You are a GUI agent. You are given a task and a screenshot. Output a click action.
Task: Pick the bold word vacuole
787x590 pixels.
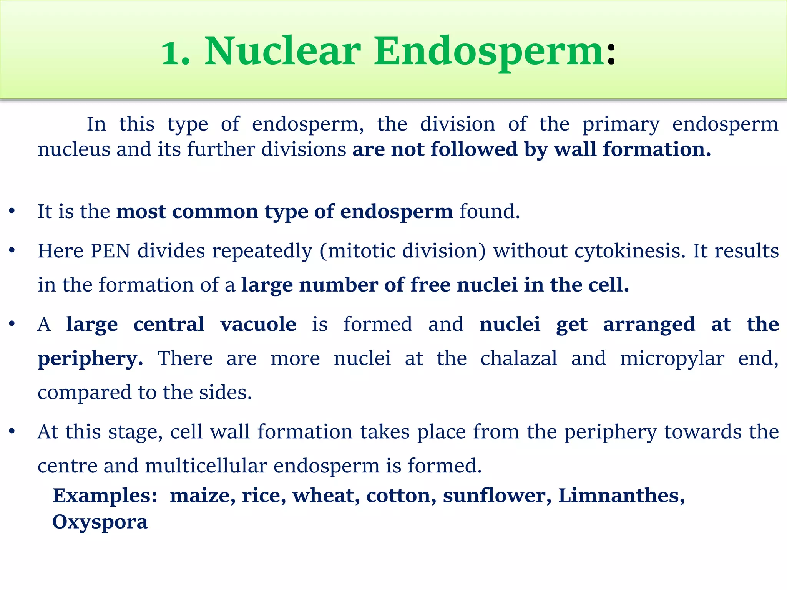point(258,324)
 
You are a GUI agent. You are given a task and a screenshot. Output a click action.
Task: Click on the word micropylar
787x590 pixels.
point(672,359)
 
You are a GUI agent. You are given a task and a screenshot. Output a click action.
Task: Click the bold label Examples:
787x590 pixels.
point(105,496)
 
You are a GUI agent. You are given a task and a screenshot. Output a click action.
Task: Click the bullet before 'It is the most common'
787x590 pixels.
point(12,211)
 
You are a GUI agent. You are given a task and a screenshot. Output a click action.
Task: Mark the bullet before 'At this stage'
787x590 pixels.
point(12,432)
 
